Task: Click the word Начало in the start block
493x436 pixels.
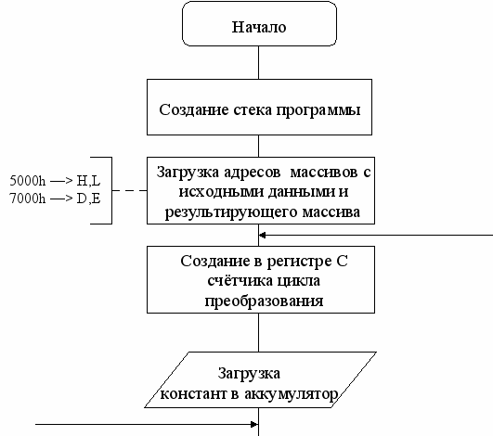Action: pyautogui.click(x=259, y=27)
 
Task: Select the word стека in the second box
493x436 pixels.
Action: pyautogui.click(x=253, y=110)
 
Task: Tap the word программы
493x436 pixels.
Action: pyautogui.click(x=318, y=111)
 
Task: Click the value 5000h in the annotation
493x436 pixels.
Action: pyautogui.click(x=27, y=181)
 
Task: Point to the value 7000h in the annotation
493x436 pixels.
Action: pyautogui.click(x=27, y=199)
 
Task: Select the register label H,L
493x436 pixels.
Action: pyautogui.click(x=88, y=181)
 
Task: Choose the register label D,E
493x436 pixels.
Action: pyautogui.click(x=88, y=199)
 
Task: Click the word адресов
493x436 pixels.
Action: pyautogui.click(x=253, y=173)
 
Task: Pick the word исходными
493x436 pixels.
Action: pyautogui.click(x=221, y=192)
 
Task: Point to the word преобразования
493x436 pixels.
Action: pyautogui.click(x=264, y=301)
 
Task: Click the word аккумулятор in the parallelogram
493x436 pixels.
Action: pyautogui.click(x=292, y=394)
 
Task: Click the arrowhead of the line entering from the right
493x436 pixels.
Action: pyautogui.click(x=262, y=235)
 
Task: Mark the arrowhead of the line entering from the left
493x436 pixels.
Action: pyautogui.click(x=254, y=424)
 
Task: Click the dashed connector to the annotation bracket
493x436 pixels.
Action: pyautogui.click(x=130, y=190)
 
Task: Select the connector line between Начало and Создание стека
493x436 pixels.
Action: pyautogui.click(x=258, y=62)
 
